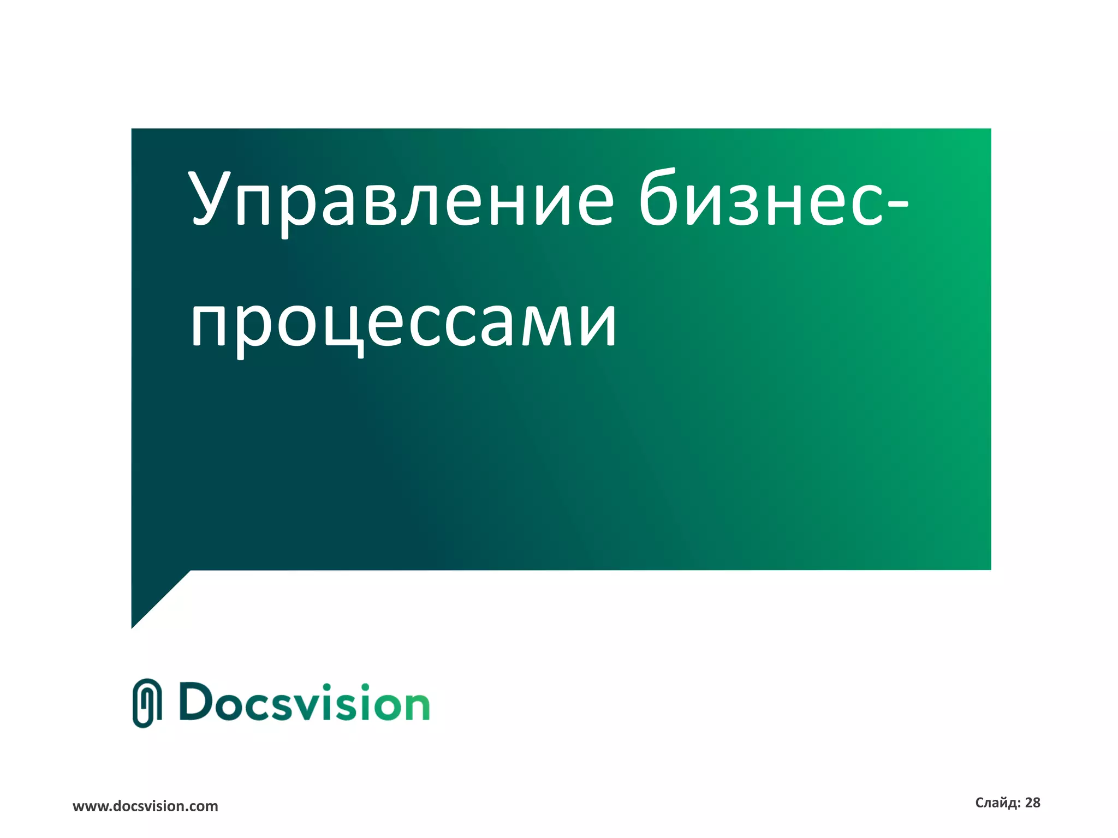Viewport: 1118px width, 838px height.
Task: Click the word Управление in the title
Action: coord(401,199)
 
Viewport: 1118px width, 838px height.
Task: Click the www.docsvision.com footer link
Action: coord(145,806)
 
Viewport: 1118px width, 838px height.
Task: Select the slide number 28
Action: coord(1033,803)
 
